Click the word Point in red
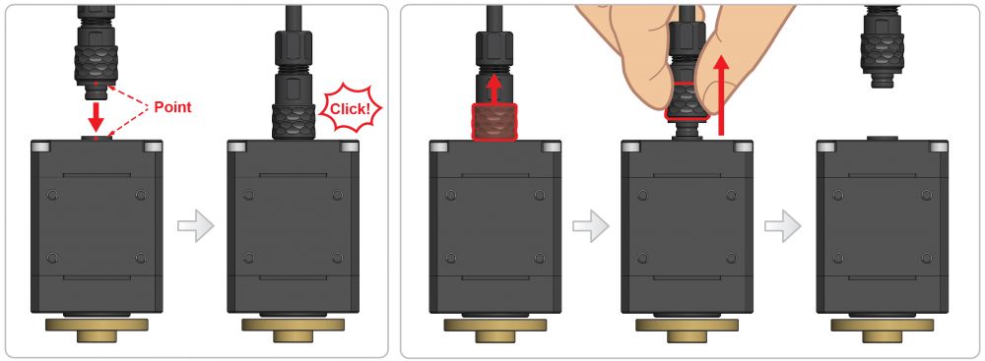coord(172,107)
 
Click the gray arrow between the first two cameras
coord(195,225)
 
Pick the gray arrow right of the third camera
coord(590,225)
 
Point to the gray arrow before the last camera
coord(783,225)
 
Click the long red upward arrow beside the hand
coord(722,94)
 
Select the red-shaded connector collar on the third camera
coord(494,122)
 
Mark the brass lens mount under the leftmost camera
coord(97,330)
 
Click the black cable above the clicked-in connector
coord(294,19)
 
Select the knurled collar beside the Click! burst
coord(294,122)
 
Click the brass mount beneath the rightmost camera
coord(882,330)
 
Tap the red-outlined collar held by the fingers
coord(686,100)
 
